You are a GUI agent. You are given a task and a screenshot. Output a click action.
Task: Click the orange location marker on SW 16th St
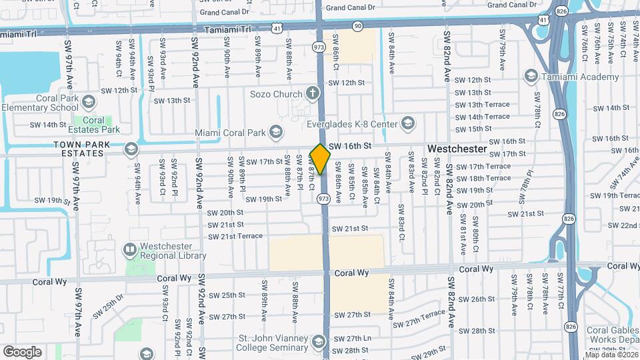pyautogui.click(x=321, y=159)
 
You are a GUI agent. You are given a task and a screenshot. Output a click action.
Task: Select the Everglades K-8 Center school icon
pyautogui.click(x=408, y=123)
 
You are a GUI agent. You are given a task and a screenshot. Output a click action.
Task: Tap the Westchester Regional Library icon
pyautogui.click(x=130, y=250)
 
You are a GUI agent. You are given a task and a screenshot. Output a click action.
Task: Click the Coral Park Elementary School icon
pyautogui.click(x=89, y=101)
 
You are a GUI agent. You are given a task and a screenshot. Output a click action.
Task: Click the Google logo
pyautogui.click(x=22, y=351)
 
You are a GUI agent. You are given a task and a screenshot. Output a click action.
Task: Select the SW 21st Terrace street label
pyautogui.click(x=232, y=236)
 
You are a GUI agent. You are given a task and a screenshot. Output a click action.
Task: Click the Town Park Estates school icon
pyautogui.click(x=131, y=149)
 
